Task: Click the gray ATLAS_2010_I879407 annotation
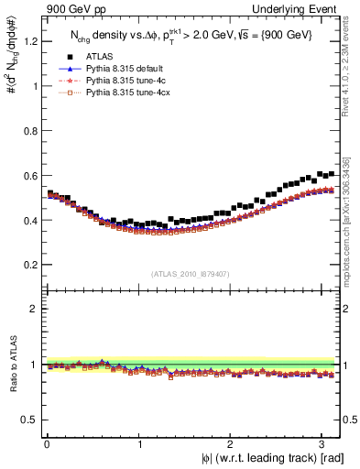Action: (x=190, y=273)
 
